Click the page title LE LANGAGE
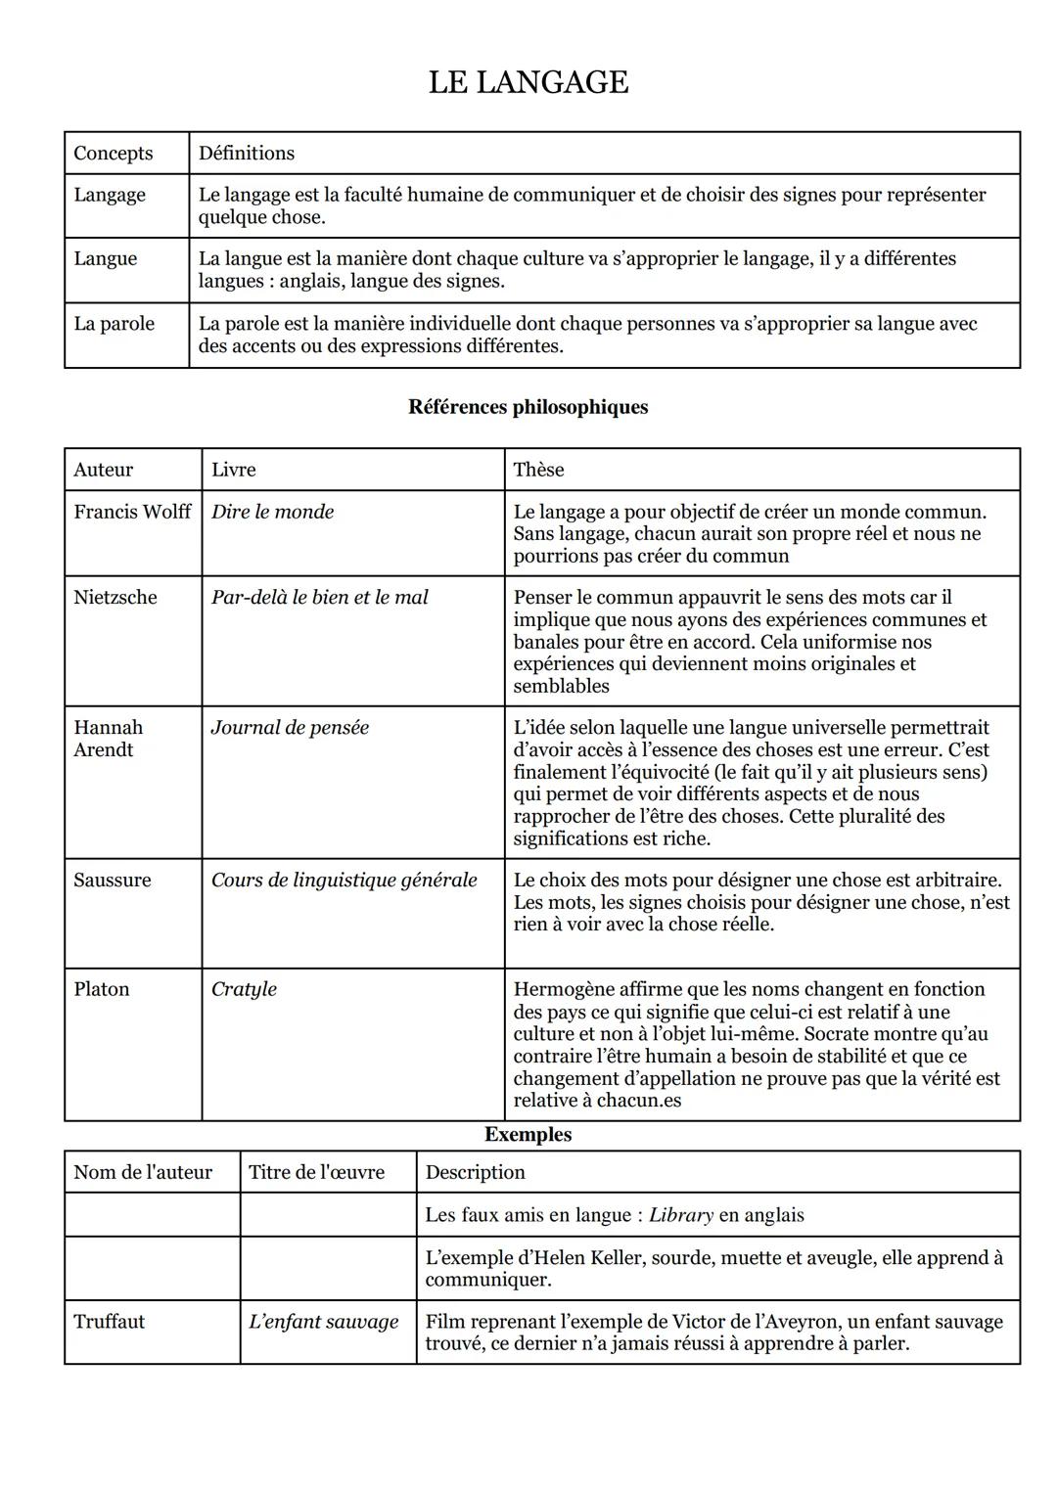click(528, 82)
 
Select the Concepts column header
click(114, 153)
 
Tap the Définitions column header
click(247, 153)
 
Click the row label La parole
click(114, 324)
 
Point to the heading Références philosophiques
click(528, 407)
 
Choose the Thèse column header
click(538, 470)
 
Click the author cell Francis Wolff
click(132, 512)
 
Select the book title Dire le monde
click(272, 512)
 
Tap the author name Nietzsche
click(115, 597)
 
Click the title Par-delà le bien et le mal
click(319, 597)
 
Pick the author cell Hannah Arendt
click(108, 739)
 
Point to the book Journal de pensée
click(290, 728)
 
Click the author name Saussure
click(113, 880)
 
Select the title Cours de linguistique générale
click(344, 880)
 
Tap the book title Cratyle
click(244, 989)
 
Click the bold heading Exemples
click(528, 1135)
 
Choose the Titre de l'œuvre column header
click(316, 1172)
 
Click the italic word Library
click(681, 1215)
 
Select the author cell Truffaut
click(109, 1322)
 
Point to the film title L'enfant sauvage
click(323, 1322)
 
